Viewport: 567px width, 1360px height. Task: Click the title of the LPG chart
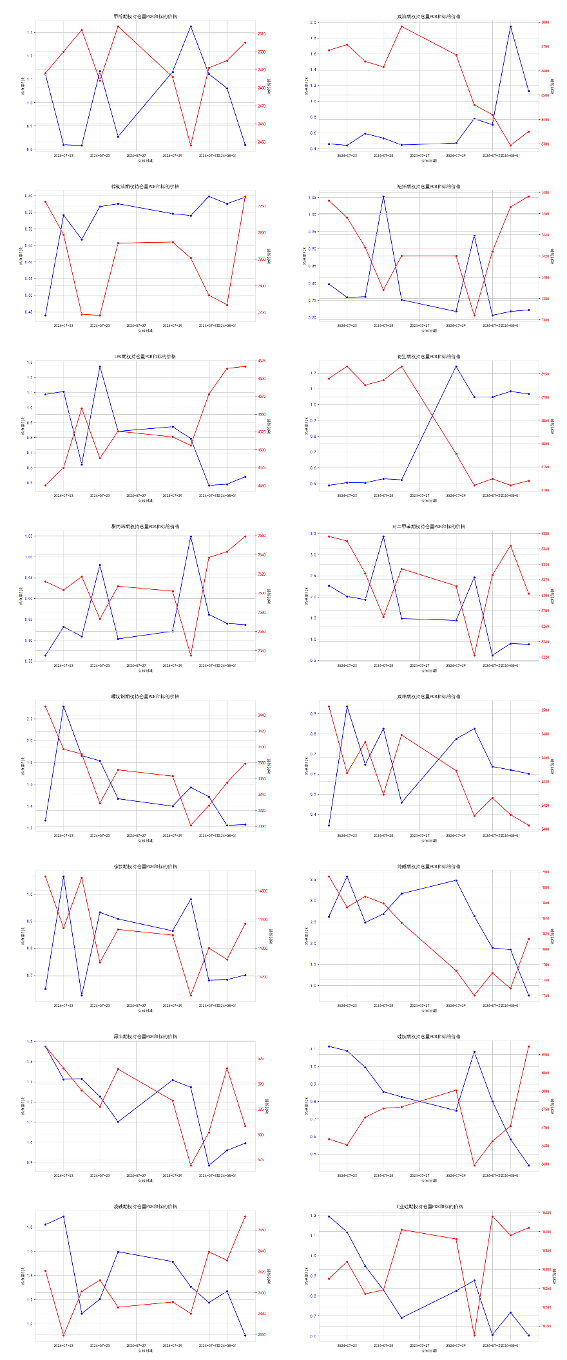point(145,356)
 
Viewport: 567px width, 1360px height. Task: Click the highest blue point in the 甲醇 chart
point(191,26)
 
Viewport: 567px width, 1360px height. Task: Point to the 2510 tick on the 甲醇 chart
point(261,33)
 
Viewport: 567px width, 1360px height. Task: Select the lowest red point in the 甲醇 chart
point(191,146)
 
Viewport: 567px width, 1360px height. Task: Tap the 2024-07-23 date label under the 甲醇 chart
point(63,155)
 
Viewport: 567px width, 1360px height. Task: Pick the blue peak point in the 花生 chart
point(456,366)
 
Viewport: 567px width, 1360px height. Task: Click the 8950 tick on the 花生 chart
point(545,374)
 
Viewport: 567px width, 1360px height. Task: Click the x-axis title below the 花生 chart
point(428,500)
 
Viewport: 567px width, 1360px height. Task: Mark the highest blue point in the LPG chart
point(100,366)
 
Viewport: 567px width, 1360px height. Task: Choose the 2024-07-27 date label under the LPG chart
point(136,496)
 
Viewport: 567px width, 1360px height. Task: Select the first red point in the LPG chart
point(45,486)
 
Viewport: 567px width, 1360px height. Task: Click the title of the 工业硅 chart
point(428,1206)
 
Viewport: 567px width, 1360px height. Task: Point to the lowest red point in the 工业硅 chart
point(474,1336)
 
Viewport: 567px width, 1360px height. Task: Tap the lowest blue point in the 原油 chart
point(209,1166)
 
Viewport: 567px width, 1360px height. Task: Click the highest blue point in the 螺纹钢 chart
point(63,706)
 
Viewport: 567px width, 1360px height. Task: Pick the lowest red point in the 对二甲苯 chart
point(474,656)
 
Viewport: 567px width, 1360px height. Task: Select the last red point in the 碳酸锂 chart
point(245,1216)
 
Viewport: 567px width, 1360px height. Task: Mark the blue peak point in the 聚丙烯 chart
point(191,536)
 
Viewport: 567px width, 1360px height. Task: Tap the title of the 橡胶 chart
point(145,866)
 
